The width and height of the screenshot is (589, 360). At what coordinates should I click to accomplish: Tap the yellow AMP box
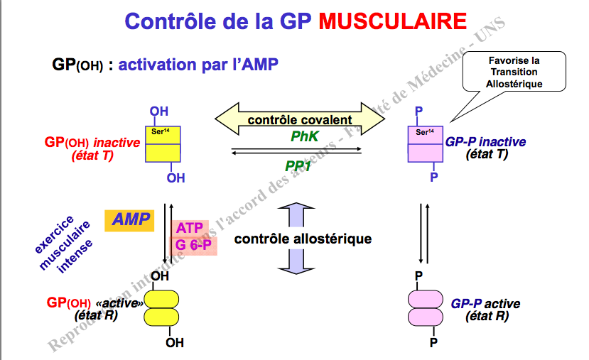[129, 220]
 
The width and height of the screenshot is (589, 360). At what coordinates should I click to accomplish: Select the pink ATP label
[189, 229]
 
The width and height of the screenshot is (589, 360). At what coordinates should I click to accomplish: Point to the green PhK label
[305, 136]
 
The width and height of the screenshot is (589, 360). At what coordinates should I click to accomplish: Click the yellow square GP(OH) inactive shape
[163, 144]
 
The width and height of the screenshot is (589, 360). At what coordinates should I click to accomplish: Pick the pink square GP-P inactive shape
[424, 144]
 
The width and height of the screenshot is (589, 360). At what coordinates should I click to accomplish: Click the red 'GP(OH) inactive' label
[92, 148]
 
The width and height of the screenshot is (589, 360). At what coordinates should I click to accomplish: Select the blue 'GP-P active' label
[485, 310]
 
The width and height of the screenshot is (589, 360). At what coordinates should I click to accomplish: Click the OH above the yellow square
[159, 111]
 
